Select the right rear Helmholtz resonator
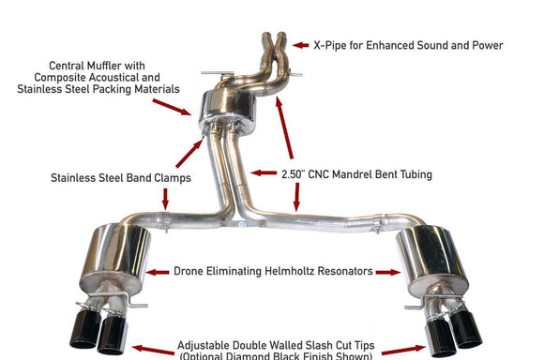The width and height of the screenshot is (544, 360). point(431,257)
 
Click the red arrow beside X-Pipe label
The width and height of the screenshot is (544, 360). point(300,44)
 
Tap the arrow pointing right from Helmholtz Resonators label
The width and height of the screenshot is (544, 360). point(388,272)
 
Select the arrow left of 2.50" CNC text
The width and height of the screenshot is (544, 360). point(264,173)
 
